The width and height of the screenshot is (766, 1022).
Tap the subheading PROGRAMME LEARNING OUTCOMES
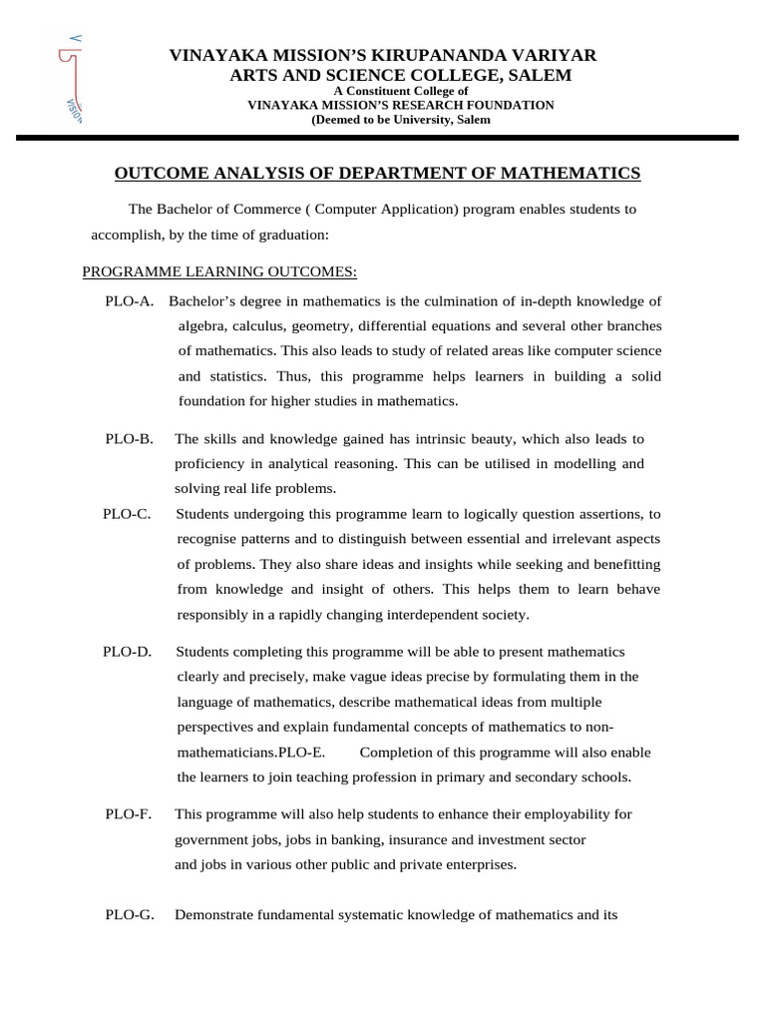pos(219,271)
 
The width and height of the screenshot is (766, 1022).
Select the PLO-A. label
pos(129,301)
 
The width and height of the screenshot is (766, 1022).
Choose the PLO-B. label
pos(130,439)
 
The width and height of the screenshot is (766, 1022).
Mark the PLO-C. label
pos(127,514)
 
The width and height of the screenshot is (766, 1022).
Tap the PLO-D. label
pos(127,652)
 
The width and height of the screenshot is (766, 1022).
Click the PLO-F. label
pos(129,814)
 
